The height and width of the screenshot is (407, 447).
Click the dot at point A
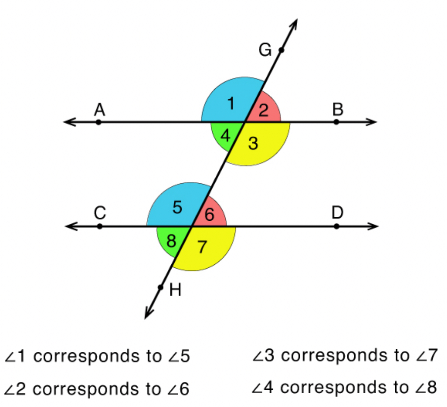coord(98,122)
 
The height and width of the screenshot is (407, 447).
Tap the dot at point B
coord(337,122)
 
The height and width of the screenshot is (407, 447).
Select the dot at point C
coord(100,226)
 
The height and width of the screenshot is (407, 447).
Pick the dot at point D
coord(337,226)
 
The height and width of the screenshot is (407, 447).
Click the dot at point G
coord(281,50)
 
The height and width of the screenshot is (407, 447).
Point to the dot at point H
coord(161,287)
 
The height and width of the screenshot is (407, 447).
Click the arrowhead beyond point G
coord(295,24)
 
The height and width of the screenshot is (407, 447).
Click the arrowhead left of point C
coord(69,226)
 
